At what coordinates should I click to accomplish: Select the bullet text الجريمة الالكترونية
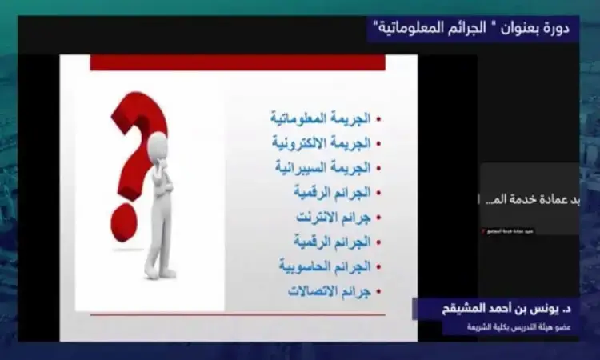[320, 143]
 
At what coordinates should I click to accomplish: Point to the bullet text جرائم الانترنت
[330, 217]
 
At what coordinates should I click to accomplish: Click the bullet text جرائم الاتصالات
[329, 290]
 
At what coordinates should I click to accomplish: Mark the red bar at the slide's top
[238, 63]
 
